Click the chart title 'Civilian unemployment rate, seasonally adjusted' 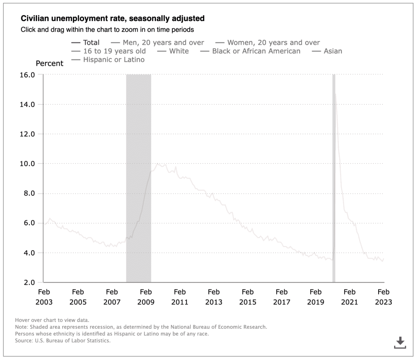tap(113, 19)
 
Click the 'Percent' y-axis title tap(50, 63)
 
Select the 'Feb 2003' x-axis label tap(44, 297)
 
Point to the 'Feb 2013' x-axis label tap(214, 297)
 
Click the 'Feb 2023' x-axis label tap(383, 297)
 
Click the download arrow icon tap(400, 342)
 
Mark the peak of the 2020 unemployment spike tap(335, 94)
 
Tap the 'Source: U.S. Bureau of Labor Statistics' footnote tap(63, 340)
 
